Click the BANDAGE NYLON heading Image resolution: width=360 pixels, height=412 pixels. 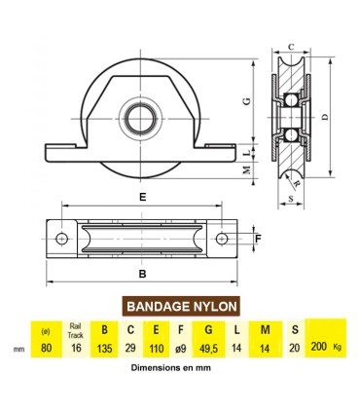click(x=179, y=306)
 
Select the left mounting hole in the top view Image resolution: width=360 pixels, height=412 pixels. click(x=61, y=238)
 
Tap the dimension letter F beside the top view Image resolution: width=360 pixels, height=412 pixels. click(x=258, y=237)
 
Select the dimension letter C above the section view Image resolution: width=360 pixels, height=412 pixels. click(x=292, y=44)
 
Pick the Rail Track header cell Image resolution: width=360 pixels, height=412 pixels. click(x=75, y=330)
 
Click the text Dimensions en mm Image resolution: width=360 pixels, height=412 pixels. click(x=176, y=368)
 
